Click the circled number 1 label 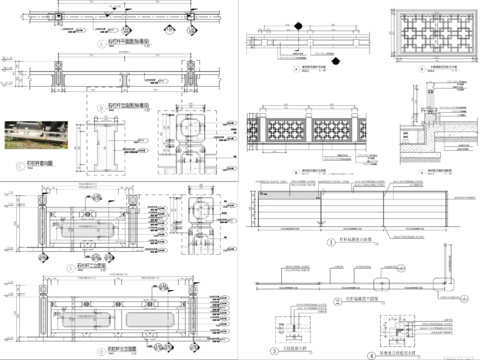pos(332,240)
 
